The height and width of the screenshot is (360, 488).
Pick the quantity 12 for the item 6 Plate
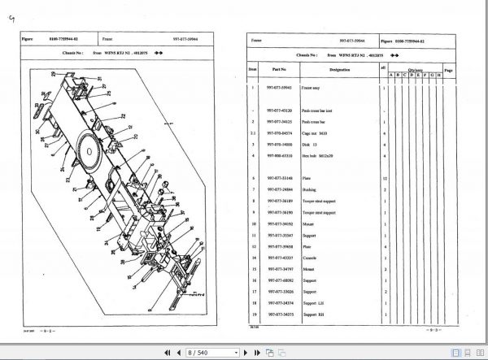[382, 177]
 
